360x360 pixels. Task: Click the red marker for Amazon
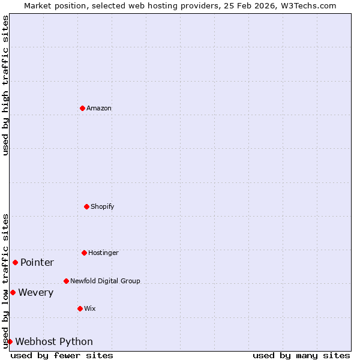82,108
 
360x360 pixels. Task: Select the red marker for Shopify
86,206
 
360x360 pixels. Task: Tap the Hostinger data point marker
84,253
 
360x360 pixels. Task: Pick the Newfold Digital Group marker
66,281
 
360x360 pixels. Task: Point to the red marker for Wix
80,308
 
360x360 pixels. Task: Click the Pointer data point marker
15,262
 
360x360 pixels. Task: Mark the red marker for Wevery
13,292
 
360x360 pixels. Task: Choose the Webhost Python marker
10,341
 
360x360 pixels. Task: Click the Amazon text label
99,108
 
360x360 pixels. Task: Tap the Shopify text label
103,206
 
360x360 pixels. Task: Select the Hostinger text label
103,253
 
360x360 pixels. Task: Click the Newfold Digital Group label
105,281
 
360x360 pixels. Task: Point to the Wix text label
90,308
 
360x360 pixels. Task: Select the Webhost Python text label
54,341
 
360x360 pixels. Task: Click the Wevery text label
36,292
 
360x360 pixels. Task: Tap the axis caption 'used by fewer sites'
62,355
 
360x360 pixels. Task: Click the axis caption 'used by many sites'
301,355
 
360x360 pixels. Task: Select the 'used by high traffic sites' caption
5,85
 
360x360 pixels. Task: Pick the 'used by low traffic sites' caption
5,281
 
